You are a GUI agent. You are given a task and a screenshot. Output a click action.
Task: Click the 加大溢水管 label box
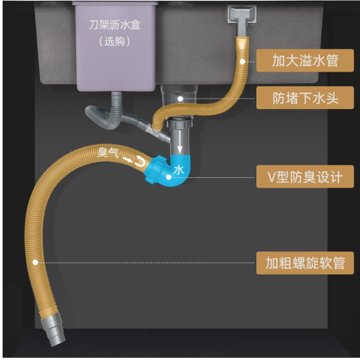305,60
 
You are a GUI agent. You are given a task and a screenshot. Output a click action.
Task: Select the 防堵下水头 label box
305,98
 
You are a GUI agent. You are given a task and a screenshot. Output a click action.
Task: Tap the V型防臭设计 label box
305,177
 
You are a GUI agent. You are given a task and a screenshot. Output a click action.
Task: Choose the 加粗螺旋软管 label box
305,263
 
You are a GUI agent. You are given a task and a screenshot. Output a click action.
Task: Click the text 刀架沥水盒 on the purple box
115,25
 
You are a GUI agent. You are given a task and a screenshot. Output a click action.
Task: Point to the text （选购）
115,41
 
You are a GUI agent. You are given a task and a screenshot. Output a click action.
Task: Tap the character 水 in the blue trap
179,170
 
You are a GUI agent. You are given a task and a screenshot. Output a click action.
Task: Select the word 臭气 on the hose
108,152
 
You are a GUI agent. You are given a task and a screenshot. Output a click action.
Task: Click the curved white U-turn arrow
140,161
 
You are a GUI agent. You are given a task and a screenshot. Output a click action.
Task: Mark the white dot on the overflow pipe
243,62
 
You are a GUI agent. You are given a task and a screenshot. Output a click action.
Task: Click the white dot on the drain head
180,99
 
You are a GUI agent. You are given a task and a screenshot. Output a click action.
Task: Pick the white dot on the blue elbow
169,177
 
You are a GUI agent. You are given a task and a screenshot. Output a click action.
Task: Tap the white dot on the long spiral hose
35,263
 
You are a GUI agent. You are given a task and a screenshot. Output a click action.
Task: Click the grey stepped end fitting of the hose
52,330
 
